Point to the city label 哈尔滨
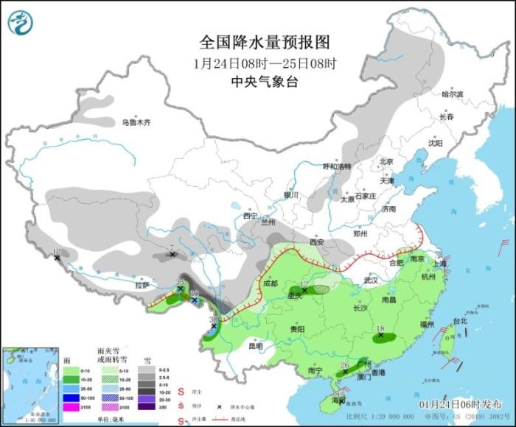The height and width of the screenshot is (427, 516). click(452, 94)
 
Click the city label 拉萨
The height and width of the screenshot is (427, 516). click(142, 285)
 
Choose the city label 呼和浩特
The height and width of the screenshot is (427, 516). click(338, 166)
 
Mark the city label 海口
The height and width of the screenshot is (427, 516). click(338, 399)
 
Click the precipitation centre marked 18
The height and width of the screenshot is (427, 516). click(381, 336)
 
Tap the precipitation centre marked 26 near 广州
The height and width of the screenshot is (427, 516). click(345, 372)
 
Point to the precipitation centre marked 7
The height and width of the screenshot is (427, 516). click(172, 255)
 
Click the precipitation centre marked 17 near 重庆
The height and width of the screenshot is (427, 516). click(304, 291)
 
